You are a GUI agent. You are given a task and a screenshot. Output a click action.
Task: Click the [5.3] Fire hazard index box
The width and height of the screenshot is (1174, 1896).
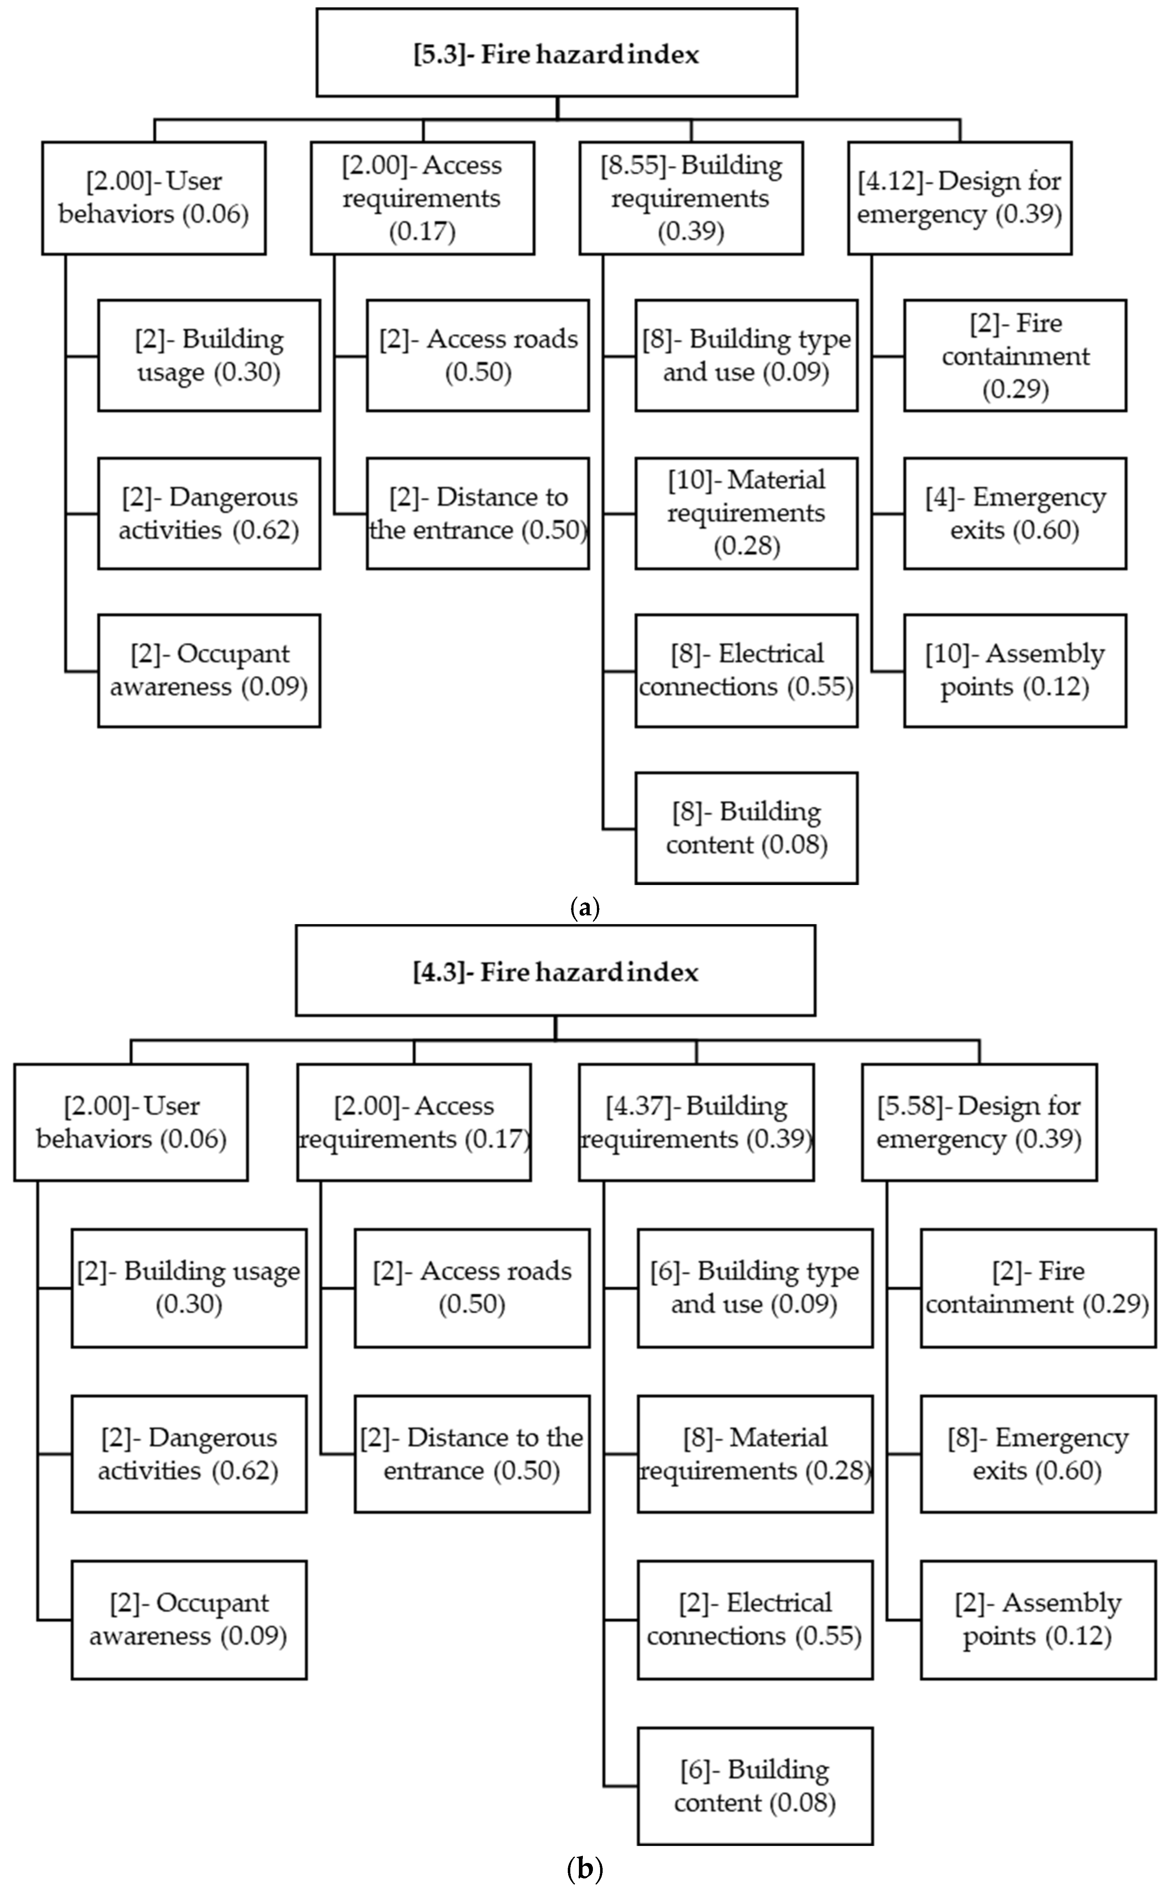[556, 53]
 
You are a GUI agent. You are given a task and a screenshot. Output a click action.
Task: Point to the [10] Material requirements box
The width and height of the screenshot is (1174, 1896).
[746, 513]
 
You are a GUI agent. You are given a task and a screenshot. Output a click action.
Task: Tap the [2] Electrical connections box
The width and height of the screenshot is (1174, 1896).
[755, 1619]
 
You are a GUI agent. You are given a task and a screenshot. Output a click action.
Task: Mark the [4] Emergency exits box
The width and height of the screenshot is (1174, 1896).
[1015, 513]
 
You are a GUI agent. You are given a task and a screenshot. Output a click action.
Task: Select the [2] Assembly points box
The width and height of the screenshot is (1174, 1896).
[1038, 1619]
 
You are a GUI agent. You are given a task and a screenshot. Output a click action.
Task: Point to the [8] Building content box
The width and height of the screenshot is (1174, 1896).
[746, 828]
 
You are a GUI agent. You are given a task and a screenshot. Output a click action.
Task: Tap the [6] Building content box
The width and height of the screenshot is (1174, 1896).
[755, 1786]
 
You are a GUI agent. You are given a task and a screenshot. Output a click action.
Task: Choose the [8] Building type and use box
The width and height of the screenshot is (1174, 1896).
[746, 355]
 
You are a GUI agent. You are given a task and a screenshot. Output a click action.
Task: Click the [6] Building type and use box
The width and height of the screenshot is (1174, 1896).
[755, 1288]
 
